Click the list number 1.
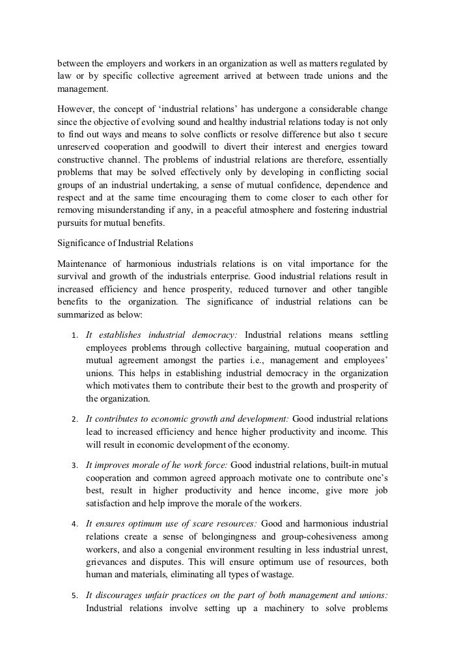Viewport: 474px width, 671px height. coord(74,335)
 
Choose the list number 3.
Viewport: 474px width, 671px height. coord(74,466)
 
